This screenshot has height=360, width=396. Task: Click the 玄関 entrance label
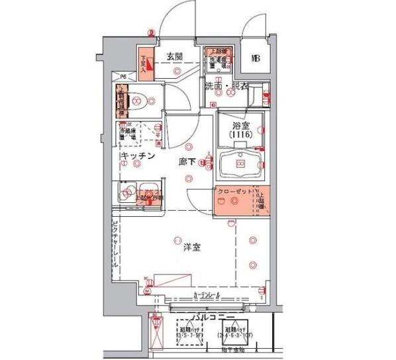[x=174, y=56]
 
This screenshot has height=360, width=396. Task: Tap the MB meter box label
[x=256, y=58]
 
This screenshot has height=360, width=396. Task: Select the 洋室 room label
[x=193, y=249]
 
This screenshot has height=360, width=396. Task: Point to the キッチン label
[x=138, y=156]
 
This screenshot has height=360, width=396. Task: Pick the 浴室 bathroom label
[x=239, y=125]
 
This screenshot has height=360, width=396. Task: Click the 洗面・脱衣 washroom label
[x=226, y=87]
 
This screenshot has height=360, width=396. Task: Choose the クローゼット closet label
[x=236, y=193]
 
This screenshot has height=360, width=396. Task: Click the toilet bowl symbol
[x=138, y=101]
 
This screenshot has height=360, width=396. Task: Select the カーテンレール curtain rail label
[x=207, y=294]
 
